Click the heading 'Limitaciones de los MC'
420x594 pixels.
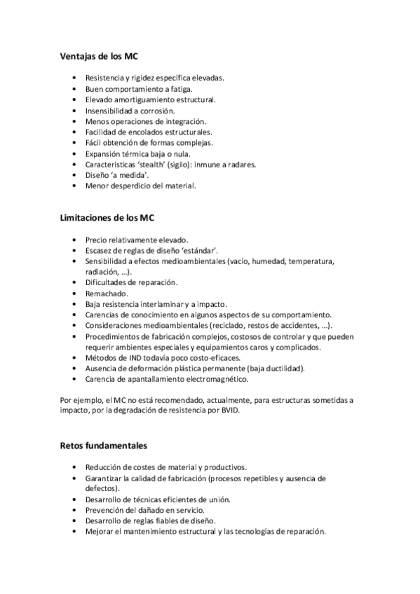tap(112, 218)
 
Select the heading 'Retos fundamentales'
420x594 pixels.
tap(104, 445)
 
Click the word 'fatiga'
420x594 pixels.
tap(178, 89)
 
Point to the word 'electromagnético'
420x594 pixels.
tap(214, 380)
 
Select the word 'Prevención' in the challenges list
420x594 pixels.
tap(107, 510)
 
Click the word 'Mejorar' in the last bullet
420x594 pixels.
tap(100, 532)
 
